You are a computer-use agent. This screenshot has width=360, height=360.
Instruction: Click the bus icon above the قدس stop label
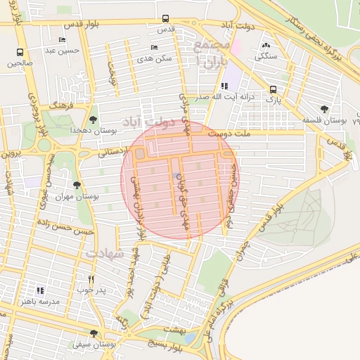(x=165, y=19)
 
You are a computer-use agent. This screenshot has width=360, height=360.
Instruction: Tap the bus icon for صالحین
(x=20, y=53)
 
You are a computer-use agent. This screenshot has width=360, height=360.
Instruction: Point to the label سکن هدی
(x=155, y=58)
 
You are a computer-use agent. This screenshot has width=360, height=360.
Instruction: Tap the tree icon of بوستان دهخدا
(x=94, y=120)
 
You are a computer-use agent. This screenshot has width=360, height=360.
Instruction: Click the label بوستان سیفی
(x=94, y=345)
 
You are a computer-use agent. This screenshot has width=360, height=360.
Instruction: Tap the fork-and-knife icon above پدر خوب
(x=91, y=279)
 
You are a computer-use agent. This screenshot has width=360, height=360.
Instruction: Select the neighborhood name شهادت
(x=104, y=252)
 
